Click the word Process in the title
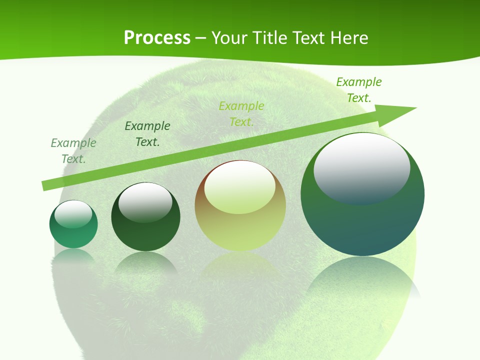click(x=157, y=38)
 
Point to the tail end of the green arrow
click(x=45, y=185)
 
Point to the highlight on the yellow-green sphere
click(x=240, y=186)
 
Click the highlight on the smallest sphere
click(x=73, y=214)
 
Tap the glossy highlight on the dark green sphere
click(x=145, y=201)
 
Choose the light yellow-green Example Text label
click(x=241, y=114)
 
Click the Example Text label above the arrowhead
click(x=359, y=90)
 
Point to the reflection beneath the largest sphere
click(x=362, y=280)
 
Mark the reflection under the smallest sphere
click(x=73, y=256)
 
